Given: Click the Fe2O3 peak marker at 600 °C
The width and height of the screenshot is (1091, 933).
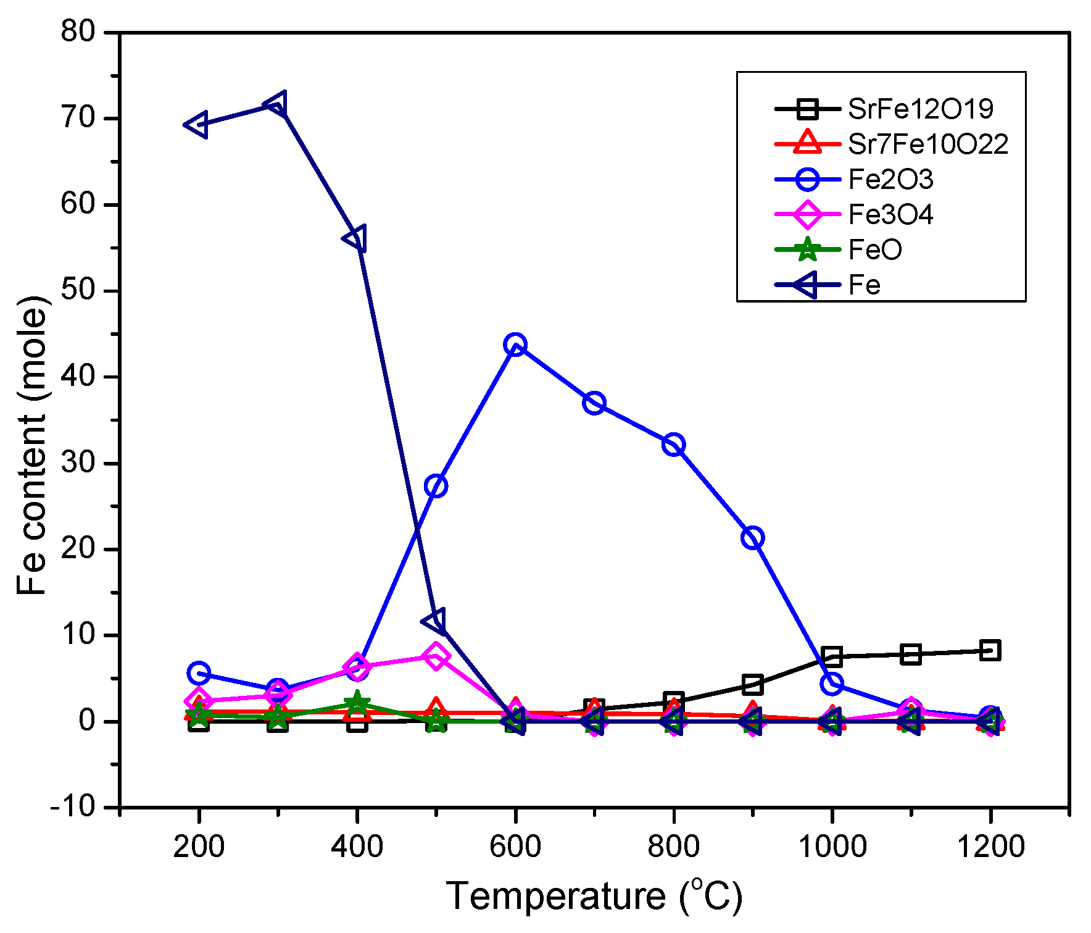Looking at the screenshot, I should [x=515, y=345].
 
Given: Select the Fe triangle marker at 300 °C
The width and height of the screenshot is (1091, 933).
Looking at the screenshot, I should [x=276, y=106].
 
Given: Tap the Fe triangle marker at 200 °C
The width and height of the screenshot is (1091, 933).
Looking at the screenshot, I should [x=197, y=125].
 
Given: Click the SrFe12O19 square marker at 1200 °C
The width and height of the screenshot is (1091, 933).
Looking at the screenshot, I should [x=990, y=650].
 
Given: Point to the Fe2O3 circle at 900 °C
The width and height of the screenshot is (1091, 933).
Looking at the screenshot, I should [x=753, y=538].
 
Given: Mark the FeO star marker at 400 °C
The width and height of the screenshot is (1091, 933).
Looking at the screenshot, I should [x=357, y=703].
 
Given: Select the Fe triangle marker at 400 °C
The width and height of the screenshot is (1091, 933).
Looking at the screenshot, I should [x=356, y=239].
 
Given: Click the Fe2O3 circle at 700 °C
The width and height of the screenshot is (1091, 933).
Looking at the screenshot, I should [x=594, y=403].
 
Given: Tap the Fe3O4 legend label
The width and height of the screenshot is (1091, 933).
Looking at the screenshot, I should [x=890, y=215].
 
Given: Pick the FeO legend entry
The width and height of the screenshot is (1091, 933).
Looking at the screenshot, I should [x=874, y=250].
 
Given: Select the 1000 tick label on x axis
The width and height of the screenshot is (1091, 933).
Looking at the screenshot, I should [x=832, y=847].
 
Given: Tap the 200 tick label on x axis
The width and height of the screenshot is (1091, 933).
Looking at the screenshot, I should [x=198, y=847].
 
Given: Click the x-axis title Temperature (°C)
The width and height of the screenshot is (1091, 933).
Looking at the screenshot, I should [x=594, y=896].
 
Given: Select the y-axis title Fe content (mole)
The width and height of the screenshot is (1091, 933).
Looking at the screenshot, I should [x=32, y=445].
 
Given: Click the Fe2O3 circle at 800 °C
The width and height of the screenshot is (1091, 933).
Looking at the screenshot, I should [x=673, y=445].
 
